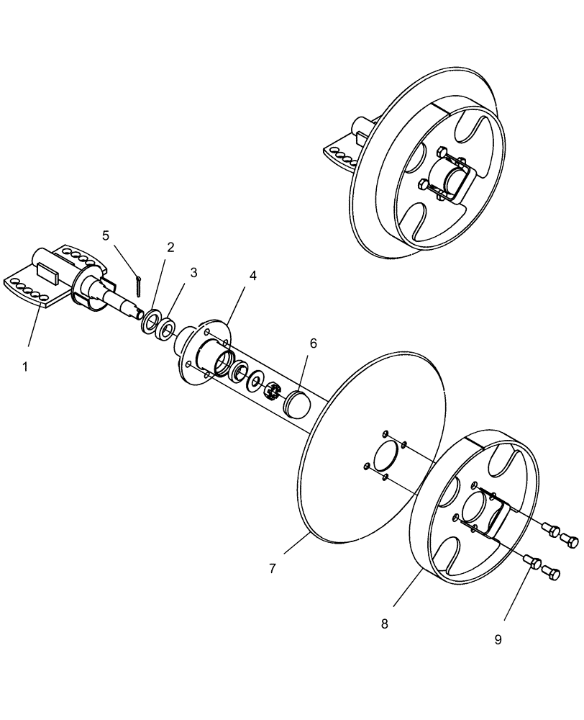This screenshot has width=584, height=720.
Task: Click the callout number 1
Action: click(x=25, y=366)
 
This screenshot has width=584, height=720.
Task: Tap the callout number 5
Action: click(x=106, y=235)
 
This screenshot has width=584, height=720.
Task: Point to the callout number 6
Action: click(x=313, y=343)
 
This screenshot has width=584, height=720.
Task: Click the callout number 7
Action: click(x=273, y=568)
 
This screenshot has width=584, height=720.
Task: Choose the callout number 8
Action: click(x=384, y=624)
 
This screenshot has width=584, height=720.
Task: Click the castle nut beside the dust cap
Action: click(x=273, y=392)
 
